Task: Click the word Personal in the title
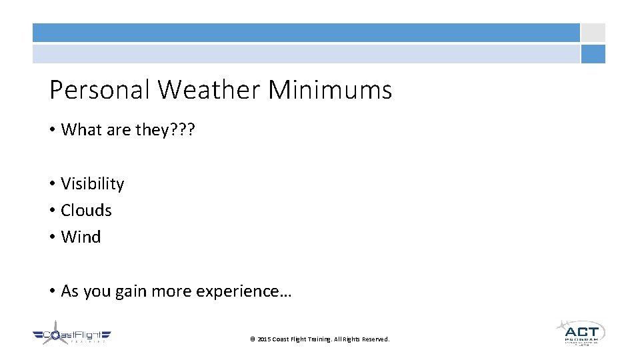pos(99,90)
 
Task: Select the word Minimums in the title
pos(330,90)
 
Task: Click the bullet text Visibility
pos(92,184)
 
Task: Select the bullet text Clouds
pos(86,211)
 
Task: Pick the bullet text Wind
pos(81,237)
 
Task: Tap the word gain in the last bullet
pos(130,291)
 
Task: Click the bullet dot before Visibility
pos(51,184)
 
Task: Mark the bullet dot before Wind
pos(51,237)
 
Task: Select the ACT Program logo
pos(581,333)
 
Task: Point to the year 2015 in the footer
pos(265,339)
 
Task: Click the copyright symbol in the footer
pos(252,339)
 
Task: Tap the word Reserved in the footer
pos(375,339)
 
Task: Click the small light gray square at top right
pos(593,33)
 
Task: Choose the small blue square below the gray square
pos(593,54)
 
